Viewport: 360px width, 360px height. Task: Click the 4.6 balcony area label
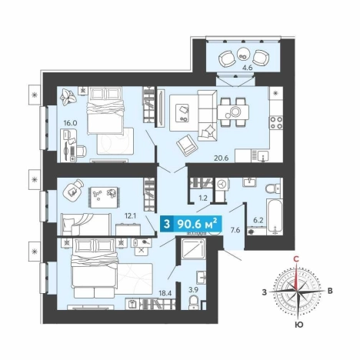[247, 68]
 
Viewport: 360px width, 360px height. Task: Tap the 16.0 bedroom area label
[70, 123]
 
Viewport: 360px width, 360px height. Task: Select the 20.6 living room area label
[221, 158]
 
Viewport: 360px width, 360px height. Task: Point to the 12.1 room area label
[130, 216]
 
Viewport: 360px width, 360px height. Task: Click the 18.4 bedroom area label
[165, 293]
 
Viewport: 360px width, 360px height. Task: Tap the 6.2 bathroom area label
[258, 220]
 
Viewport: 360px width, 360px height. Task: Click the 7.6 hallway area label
[235, 230]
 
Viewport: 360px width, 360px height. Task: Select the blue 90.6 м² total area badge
[191, 224]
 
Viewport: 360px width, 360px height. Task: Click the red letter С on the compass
[296, 259]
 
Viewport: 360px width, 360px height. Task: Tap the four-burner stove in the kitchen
[276, 122]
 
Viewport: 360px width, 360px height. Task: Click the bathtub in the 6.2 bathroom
[275, 216]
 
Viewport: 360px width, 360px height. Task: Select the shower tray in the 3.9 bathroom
[193, 248]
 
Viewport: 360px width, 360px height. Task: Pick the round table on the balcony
[242, 54]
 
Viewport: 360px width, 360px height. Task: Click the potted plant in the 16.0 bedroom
[68, 97]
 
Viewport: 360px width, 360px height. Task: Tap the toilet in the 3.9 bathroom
[194, 302]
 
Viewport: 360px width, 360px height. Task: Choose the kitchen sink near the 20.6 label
[263, 156]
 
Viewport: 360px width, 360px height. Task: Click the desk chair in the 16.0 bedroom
[82, 151]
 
